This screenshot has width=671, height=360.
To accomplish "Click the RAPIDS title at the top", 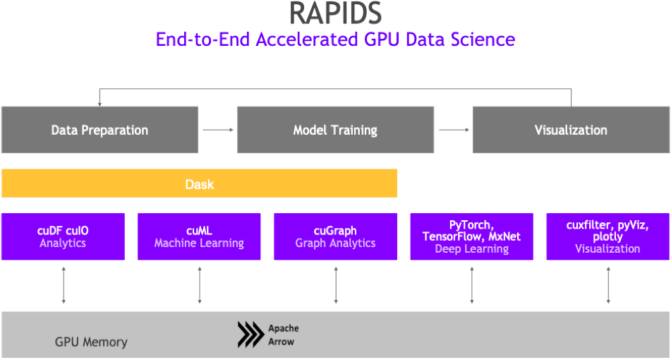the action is [336, 13].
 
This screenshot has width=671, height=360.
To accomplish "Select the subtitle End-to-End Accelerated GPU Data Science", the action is [335, 40].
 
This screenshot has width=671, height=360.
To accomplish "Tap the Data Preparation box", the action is [99, 130].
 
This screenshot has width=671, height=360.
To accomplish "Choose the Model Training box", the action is [336, 130].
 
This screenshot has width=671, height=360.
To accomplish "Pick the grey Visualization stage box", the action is [571, 130].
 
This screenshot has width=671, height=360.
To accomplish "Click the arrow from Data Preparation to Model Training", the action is [218, 130].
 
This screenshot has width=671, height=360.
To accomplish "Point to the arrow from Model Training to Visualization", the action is [454, 130].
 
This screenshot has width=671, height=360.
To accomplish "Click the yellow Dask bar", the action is [200, 184].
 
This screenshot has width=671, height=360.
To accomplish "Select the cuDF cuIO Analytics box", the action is [63, 236].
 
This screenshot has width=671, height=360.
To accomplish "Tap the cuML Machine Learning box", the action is [199, 236].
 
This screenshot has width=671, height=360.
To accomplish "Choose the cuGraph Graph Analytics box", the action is [336, 236].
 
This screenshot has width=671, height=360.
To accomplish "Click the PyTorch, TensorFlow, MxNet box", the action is [471, 236].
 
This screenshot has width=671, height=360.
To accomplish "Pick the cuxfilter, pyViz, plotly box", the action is [607, 236].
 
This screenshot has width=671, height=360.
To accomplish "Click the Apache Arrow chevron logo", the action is [250, 335].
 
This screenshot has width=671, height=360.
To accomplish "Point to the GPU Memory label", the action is [91, 342].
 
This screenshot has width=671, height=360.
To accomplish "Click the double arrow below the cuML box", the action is [200, 285].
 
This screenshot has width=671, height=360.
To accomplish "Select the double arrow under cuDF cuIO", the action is [64, 285].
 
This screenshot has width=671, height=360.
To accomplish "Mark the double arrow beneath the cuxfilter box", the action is [608, 285].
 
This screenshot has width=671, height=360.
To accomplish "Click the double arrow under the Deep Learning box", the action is [472, 285].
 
